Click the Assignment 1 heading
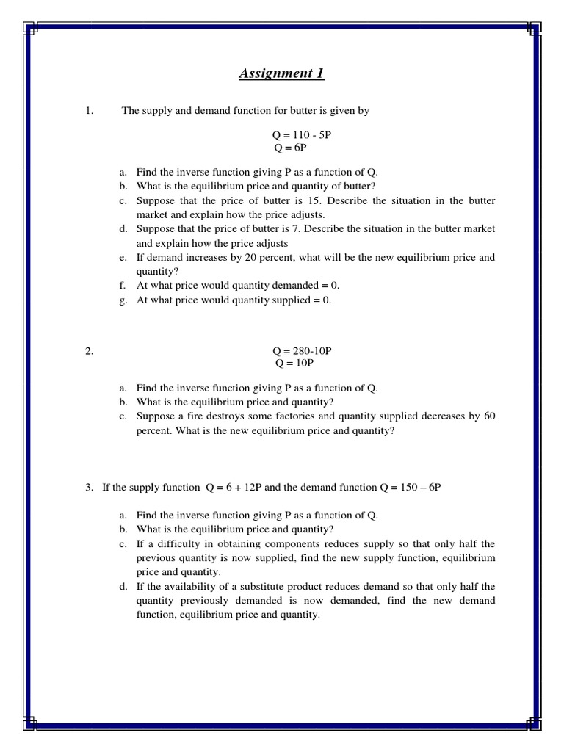(x=281, y=73)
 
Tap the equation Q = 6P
(x=290, y=148)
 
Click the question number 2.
(x=89, y=351)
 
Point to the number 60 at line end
(x=489, y=416)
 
